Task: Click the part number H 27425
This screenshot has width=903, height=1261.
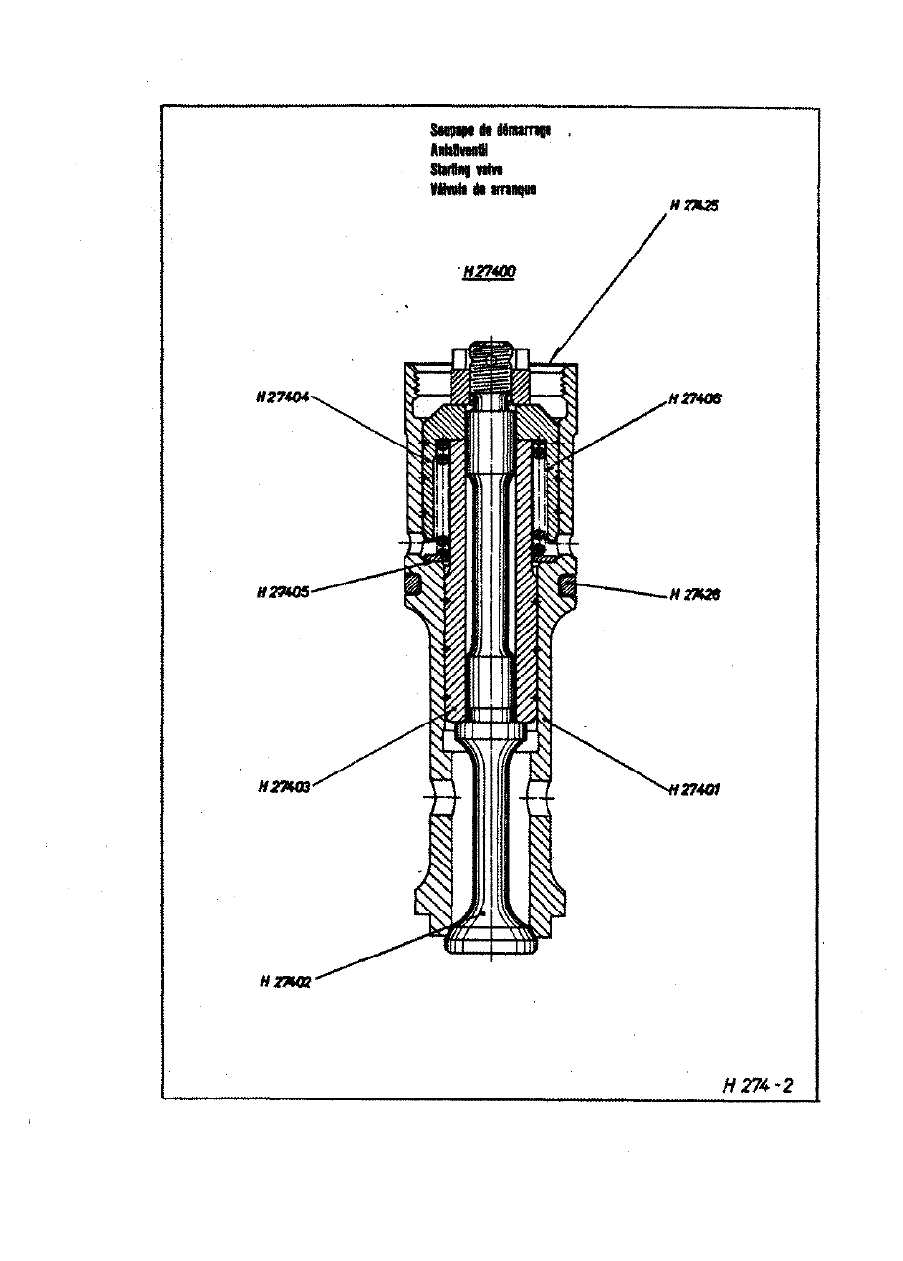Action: coord(696,206)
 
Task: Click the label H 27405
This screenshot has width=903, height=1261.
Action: coord(282,592)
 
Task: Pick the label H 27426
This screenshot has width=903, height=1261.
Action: coord(695,594)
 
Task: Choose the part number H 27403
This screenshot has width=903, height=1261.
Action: coord(283,786)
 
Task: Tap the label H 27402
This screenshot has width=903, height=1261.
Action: coord(286,982)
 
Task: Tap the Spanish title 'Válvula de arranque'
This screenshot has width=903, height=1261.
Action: coord(484,189)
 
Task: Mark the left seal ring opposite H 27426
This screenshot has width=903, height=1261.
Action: coord(412,584)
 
